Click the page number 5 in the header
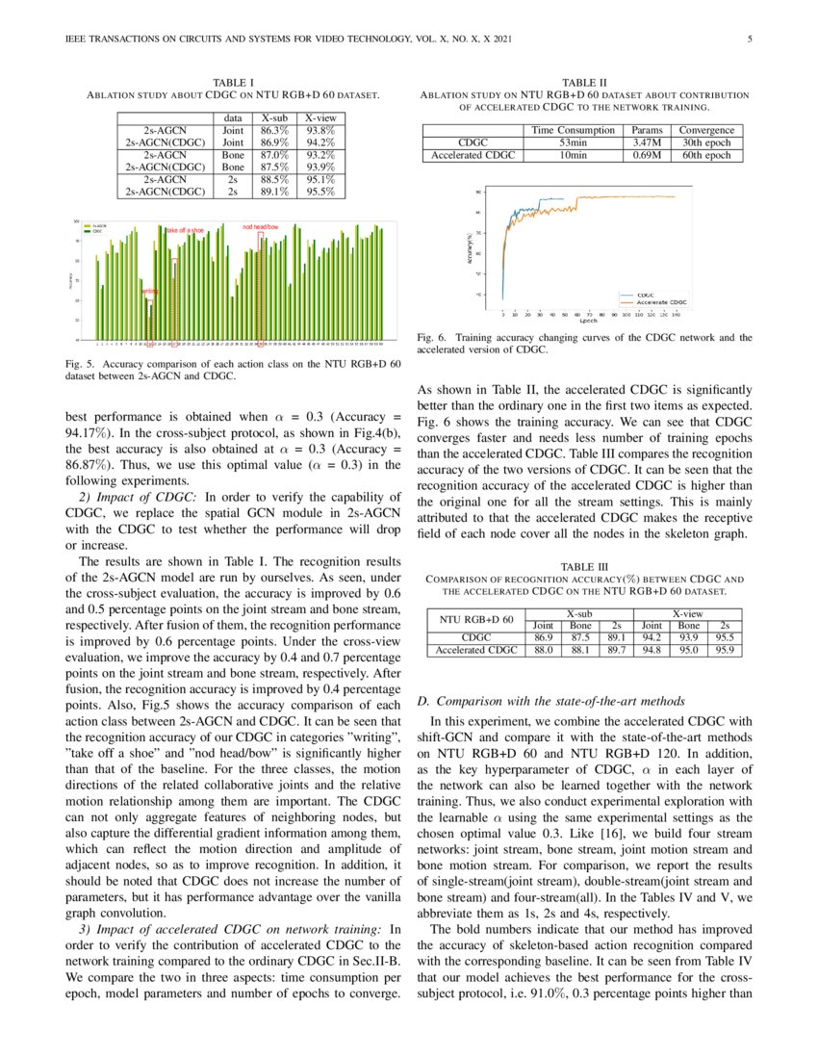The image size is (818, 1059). (x=749, y=39)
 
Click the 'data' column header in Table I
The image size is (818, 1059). (x=231, y=116)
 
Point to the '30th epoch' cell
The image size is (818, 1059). (x=707, y=142)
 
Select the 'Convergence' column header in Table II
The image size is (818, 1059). (x=707, y=130)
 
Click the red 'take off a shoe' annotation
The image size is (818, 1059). (x=185, y=231)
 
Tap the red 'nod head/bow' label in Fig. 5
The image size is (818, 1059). (x=260, y=228)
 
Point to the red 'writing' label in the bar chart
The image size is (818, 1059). (x=149, y=291)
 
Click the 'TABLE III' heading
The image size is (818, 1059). (x=584, y=567)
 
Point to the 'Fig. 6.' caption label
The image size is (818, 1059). (x=432, y=338)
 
